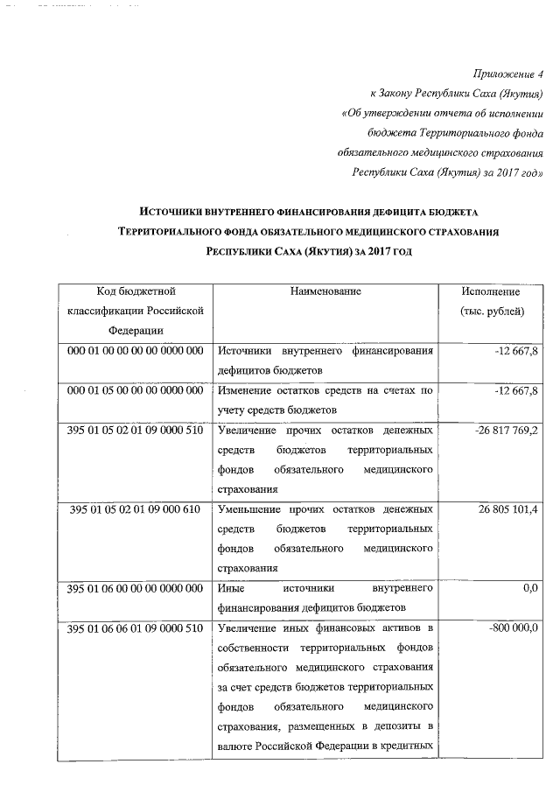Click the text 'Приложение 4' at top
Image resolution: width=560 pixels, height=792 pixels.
click(507, 74)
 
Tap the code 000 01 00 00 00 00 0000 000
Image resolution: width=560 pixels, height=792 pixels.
click(136, 351)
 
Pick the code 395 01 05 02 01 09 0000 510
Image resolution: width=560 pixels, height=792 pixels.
click(136, 430)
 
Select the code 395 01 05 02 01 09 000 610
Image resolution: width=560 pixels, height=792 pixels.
click(136, 509)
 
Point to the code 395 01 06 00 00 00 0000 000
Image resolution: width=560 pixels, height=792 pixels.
click(136, 588)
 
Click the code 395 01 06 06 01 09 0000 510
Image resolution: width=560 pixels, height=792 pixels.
click(136, 628)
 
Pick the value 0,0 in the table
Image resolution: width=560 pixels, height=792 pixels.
click(529, 588)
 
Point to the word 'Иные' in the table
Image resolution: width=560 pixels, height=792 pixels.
click(231, 588)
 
